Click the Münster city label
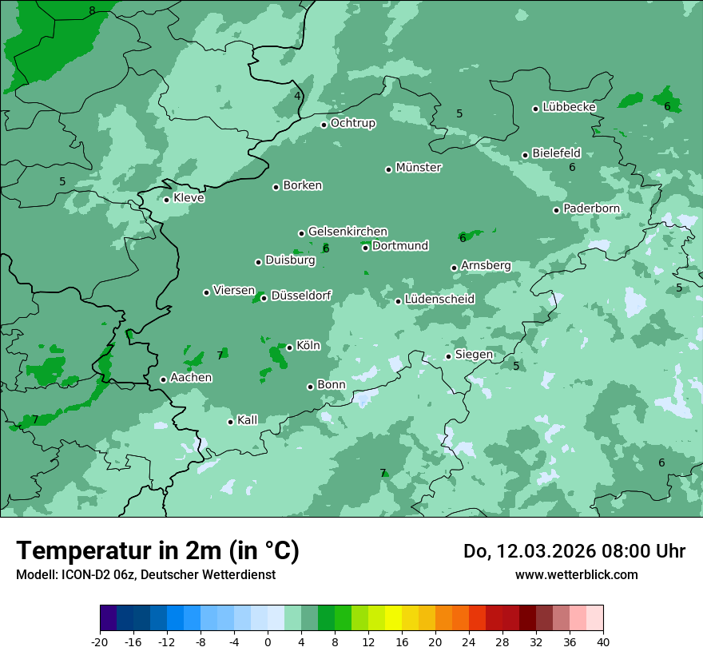[x=418, y=168]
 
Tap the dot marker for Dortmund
[x=365, y=248]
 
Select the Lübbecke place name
[x=569, y=107]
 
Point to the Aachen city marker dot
[x=163, y=379]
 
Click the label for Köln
[x=308, y=346]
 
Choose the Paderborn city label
[x=591, y=208]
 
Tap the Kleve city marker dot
[x=166, y=200]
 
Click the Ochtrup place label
[x=352, y=123]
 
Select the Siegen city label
[x=474, y=355]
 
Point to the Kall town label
[x=247, y=420]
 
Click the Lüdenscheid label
[x=439, y=300]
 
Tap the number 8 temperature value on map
[x=92, y=10]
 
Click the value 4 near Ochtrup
[x=297, y=96]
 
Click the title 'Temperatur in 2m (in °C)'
[x=157, y=551]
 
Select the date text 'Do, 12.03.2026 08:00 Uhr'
[x=574, y=551]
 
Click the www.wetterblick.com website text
[x=576, y=574]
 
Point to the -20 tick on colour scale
[x=100, y=641]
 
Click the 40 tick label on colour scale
[x=602, y=641]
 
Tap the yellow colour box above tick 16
[x=393, y=618]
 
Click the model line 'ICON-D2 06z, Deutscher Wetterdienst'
[x=145, y=574]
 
